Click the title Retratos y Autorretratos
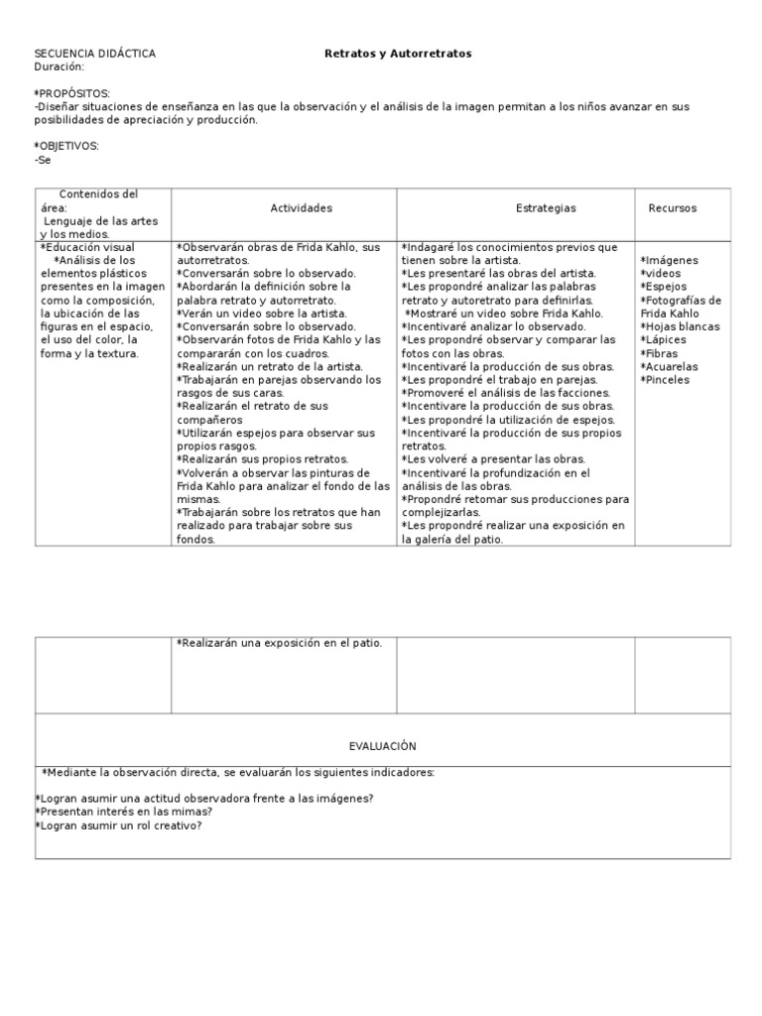(398, 54)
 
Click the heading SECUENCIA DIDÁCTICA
(94, 54)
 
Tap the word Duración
(59, 66)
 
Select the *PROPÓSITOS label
(72, 93)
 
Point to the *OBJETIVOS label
(66, 146)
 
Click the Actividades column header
(301, 208)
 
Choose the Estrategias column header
(546, 208)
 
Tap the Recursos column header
(673, 208)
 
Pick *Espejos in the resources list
(664, 287)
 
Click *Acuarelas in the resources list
(670, 366)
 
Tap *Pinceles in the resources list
(665, 380)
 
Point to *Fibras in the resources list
(660, 353)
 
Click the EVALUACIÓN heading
(382, 746)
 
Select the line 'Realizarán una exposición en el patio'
(280, 644)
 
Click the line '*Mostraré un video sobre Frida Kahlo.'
(504, 314)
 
